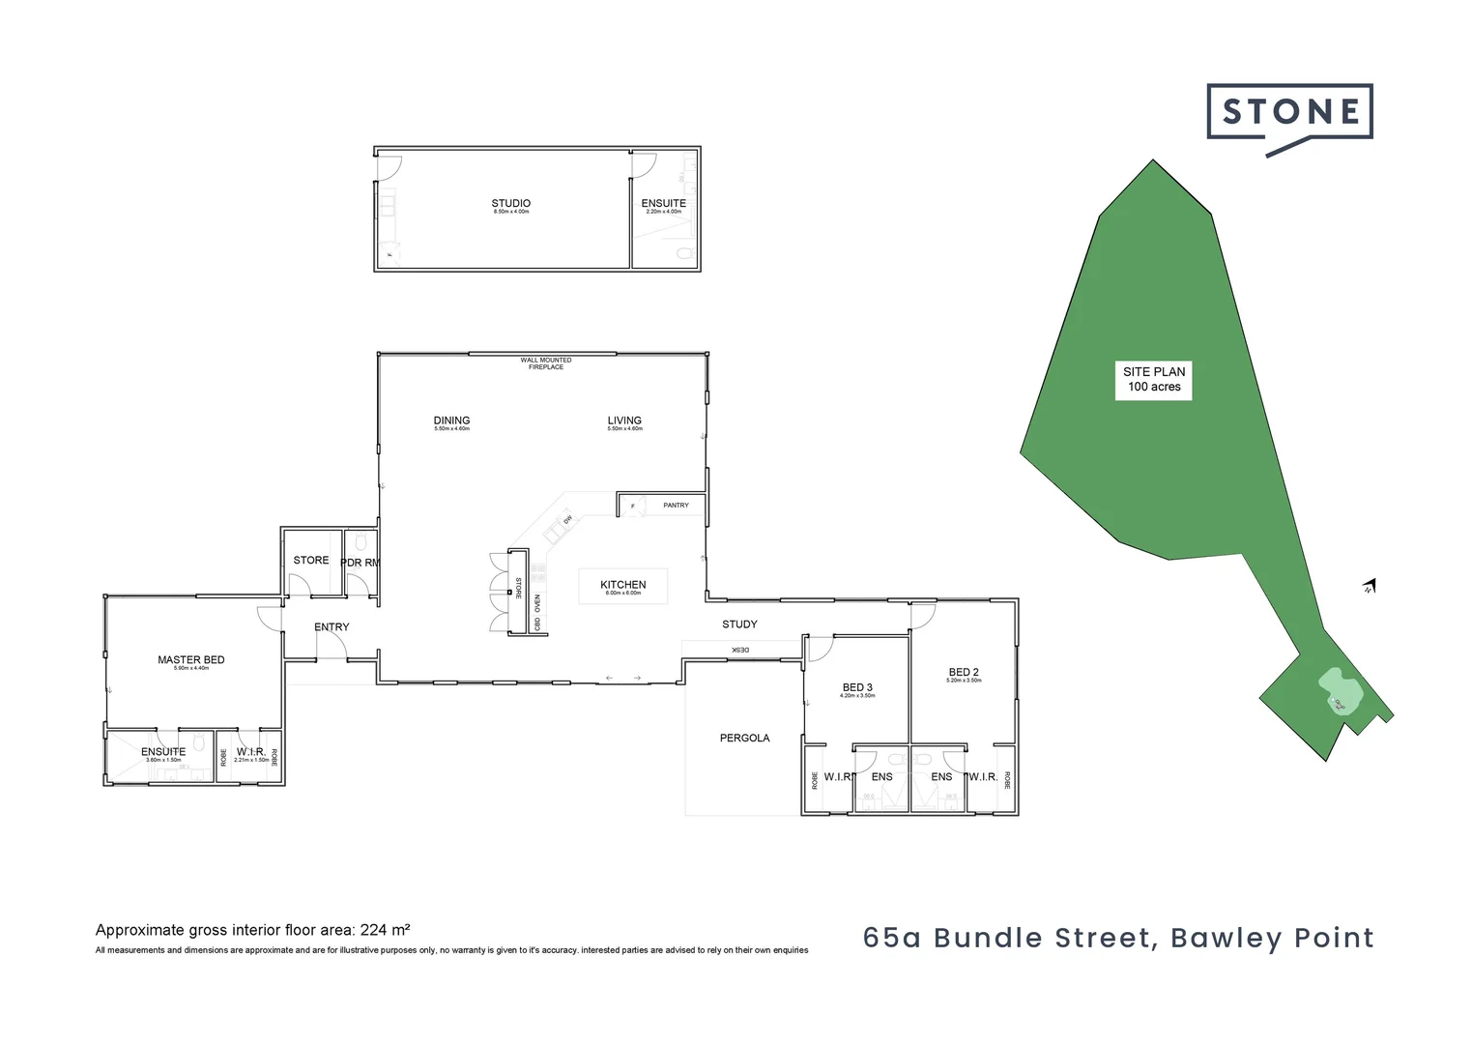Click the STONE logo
[x=1289, y=114]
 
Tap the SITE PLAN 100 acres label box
[x=1154, y=379]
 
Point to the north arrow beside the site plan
[x=1370, y=586]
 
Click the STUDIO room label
[x=510, y=204]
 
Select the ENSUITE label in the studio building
[x=663, y=204]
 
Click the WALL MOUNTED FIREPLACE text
[x=546, y=363]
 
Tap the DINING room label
[x=451, y=420]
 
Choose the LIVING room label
[x=624, y=420]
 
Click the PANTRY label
[x=676, y=506]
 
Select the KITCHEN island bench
[x=623, y=586]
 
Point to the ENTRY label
[x=332, y=627]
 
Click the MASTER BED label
[x=191, y=660]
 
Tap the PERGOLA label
[x=744, y=739]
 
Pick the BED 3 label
[x=857, y=688]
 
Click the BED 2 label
[x=964, y=673]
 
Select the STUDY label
[x=739, y=624]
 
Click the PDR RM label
[x=360, y=563]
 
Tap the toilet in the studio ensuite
[x=685, y=254]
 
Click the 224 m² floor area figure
[x=385, y=930]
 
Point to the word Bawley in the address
[x=1212, y=938]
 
